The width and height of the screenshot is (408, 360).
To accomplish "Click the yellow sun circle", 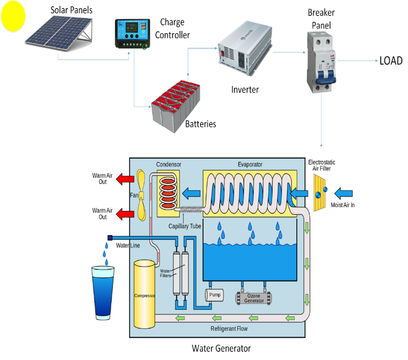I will point(13,17).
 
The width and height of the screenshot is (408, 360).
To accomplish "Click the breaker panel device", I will point(320,61).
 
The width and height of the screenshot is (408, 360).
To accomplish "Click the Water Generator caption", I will point(221,348).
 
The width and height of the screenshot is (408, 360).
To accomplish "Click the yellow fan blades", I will point(142,195).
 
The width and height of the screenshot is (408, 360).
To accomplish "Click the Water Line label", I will point(128,246).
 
